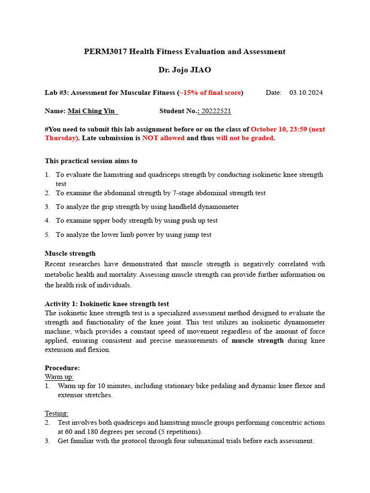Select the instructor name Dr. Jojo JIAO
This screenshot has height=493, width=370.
185,70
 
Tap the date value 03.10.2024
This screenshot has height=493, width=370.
306,92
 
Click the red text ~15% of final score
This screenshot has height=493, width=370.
211,92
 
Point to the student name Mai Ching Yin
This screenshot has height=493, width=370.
92,111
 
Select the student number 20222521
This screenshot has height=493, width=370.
216,111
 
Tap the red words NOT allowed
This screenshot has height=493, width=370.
163,138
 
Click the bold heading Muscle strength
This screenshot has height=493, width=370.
70,253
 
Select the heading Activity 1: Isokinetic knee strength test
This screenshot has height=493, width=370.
107,304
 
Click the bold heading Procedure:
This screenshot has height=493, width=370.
62,368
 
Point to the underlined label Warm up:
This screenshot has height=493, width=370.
59,376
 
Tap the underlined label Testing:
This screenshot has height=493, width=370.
57,413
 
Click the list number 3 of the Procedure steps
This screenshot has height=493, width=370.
48,441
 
